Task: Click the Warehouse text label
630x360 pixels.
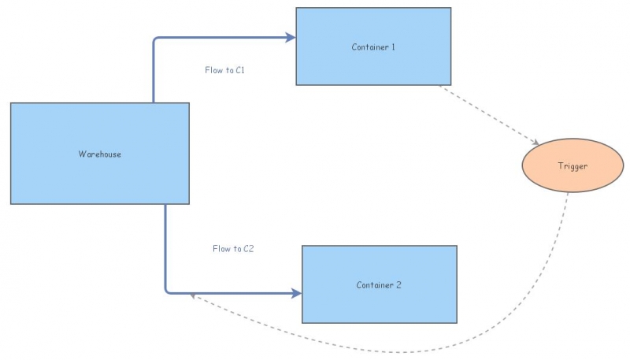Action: [x=100, y=154]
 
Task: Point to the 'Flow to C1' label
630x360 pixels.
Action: [x=225, y=70]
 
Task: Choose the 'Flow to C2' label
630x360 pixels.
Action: [x=233, y=249]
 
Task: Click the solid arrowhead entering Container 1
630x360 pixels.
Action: [x=291, y=37]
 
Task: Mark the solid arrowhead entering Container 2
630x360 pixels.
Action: [x=297, y=293]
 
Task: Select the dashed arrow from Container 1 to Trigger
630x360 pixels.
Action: [x=488, y=114]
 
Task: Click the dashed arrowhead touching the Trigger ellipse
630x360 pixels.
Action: [x=535, y=143]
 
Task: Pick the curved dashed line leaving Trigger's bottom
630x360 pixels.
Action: [x=543, y=284]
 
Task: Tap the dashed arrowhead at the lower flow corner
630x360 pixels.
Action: [x=194, y=297]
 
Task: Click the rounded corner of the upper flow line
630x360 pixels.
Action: [x=156, y=40]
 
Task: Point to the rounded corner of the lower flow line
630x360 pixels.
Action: [x=169, y=290]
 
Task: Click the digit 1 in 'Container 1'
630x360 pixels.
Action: [x=392, y=47]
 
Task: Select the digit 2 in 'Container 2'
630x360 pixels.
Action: [x=399, y=285]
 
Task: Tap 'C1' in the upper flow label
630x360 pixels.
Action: [x=241, y=70]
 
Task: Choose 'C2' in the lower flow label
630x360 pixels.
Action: [x=249, y=249]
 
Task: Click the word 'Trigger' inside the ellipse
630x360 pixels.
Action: [x=573, y=166]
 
